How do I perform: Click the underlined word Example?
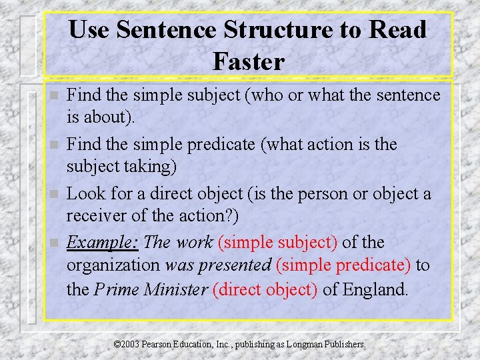click(103, 242)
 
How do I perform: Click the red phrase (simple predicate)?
click(343, 265)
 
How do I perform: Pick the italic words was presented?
click(218, 265)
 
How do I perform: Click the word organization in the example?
click(113, 265)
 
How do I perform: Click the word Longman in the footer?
click(305, 344)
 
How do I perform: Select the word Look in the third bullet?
click(83, 193)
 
